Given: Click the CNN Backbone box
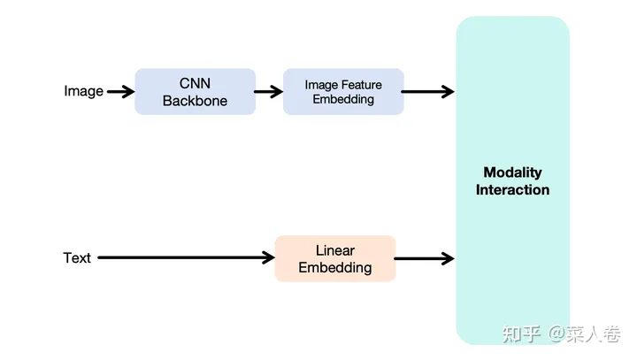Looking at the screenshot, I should [x=195, y=91].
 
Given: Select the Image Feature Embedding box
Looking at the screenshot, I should [x=343, y=91].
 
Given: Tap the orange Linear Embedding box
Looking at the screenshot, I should [x=334, y=258].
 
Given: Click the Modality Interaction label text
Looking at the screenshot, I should [x=512, y=180].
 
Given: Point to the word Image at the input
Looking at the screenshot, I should [x=83, y=91].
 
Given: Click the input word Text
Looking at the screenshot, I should [x=77, y=258].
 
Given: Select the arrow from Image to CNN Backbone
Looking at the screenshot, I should [x=120, y=91].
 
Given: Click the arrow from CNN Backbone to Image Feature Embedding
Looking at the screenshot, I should [x=268, y=91].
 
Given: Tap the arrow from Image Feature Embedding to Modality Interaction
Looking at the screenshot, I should [x=428, y=91].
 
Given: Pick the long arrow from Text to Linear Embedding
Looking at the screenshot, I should [x=186, y=258].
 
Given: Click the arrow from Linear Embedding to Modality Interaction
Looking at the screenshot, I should [x=424, y=258].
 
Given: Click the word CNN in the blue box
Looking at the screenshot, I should [x=195, y=83].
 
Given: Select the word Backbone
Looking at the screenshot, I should [x=195, y=100].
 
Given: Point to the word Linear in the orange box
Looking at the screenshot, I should [x=334, y=250].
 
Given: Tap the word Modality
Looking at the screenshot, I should [x=512, y=172].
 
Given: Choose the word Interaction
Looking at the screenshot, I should [x=512, y=189].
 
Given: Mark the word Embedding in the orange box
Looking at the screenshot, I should [x=334, y=267].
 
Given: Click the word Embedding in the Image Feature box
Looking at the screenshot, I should [x=343, y=99].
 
